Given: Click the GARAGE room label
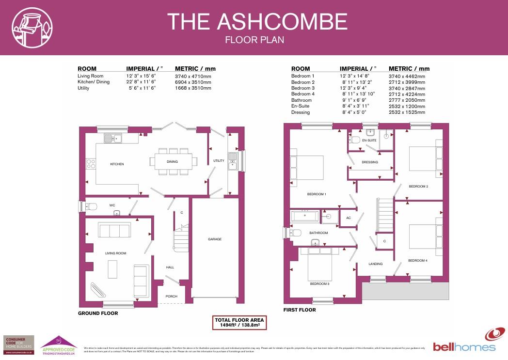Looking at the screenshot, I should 215,239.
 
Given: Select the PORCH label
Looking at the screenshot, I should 172,297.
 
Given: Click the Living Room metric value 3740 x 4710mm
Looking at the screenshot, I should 193,76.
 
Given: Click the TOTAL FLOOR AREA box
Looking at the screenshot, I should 240,323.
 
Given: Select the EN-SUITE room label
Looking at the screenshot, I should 369,141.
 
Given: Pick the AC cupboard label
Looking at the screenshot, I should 348,218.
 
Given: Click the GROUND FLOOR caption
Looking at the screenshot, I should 98,313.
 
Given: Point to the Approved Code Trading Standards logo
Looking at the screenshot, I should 58,345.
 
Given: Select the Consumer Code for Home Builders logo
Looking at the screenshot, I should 18,345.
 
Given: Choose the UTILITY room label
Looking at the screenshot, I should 219,160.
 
